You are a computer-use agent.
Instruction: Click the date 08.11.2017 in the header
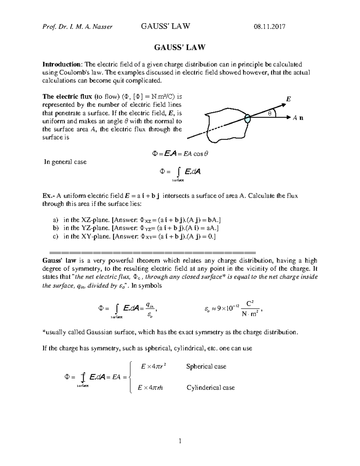click(x=269, y=27)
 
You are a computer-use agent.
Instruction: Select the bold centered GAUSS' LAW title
click(x=180, y=47)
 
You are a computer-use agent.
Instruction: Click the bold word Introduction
click(x=61, y=65)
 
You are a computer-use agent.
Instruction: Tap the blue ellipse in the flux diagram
click(x=247, y=119)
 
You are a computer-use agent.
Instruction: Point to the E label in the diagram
click(x=289, y=99)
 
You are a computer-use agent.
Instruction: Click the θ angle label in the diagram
click(x=269, y=113)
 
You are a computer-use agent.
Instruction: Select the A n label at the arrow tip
click(x=298, y=118)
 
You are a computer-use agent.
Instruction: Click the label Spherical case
click(x=206, y=366)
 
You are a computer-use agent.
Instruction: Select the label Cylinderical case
click(x=211, y=388)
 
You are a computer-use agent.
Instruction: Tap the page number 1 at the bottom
click(x=180, y=441)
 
